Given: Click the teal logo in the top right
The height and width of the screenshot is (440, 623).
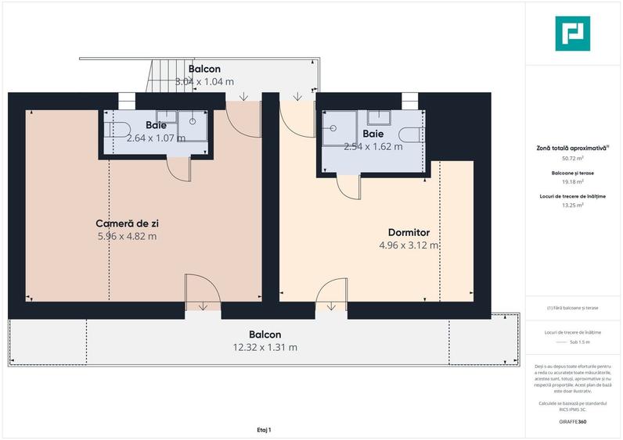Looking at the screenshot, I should (x=574, y=34).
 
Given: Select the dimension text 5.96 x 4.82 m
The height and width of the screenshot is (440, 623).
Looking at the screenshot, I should (x=127, y=235).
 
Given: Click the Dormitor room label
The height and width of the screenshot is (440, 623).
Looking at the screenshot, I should (x=409, y=232).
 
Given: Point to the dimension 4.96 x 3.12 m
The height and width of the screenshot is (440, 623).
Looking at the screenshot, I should (x=409, y=245).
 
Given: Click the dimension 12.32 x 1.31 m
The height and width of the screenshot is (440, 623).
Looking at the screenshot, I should (x=265, y=347).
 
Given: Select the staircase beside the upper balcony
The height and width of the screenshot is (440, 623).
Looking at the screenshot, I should (x=163, y=76).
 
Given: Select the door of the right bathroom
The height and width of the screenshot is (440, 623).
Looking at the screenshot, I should (x=347, y=185).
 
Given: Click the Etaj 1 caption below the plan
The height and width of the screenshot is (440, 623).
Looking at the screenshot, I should (x=264, y=429).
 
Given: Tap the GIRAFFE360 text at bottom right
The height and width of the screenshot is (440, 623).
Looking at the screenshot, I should (x=571, y=421).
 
